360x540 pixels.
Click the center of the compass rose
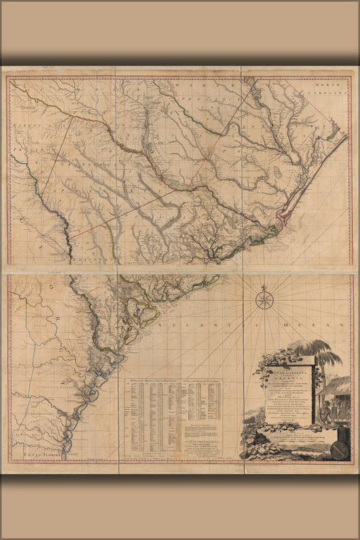pyautogui.click(x=265, y=300)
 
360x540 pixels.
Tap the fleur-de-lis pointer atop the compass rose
pyautogui.click(x=265, y=288)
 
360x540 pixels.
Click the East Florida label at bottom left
pyautogui.click(x=43, y=455)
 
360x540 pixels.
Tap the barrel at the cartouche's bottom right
pyautogui.click(x=340, y=449)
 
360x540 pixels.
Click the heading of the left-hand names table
pyautogui.click(x=149, y=380)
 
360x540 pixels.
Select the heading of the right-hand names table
pyautogui.click(x=202, y=380)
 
